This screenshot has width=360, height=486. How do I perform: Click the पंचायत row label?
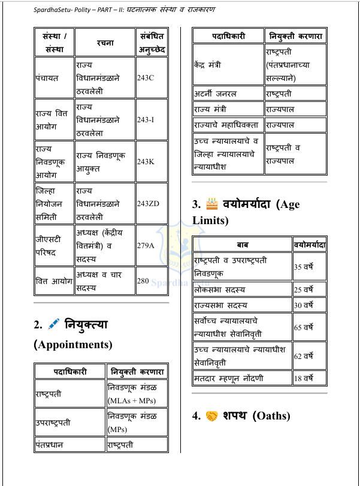point(53,79)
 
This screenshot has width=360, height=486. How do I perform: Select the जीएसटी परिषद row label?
point(53,245)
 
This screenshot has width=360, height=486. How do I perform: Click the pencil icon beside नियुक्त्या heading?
point(55,325)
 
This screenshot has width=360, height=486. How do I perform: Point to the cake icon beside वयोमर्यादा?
point(210,204)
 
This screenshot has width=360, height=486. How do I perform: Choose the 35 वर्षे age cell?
point(309,265)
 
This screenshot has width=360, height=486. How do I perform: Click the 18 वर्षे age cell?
point(309,378)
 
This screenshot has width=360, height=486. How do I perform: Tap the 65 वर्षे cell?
point(309,328)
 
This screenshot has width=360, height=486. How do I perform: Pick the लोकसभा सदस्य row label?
point(241,289)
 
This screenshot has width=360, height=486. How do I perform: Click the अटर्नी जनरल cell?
point(228,93)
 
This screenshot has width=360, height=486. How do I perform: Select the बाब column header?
point(241,245)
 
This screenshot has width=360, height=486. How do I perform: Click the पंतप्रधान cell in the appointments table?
point(69,445)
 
